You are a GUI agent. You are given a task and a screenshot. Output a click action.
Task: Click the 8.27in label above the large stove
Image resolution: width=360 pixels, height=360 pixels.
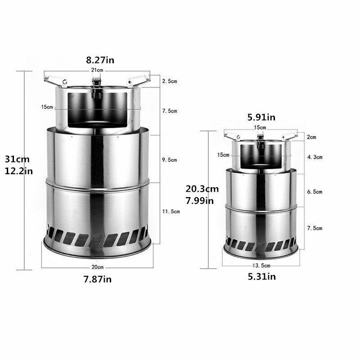[100, 60]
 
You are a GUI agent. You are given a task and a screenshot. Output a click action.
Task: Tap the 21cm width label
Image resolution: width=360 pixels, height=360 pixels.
[97, 70]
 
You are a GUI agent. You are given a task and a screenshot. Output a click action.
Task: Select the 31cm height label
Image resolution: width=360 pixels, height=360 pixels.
[17, 159]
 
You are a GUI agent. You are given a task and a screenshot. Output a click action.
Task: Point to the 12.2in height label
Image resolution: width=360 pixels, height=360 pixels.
[18, 171]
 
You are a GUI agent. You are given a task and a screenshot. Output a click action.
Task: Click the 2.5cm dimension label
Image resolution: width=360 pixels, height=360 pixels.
[170, 81]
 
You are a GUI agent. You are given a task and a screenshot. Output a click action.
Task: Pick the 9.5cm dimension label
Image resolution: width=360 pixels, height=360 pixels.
[170, 160]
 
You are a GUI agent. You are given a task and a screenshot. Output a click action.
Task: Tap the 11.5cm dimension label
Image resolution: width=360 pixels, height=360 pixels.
[171, 211]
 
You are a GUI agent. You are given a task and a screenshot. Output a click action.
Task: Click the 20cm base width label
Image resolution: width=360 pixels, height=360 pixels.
[98, 267]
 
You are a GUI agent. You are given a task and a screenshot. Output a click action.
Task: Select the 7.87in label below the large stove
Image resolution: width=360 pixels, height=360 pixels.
[98, 279]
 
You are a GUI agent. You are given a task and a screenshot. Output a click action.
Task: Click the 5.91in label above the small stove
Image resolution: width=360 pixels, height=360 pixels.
[261, 117]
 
